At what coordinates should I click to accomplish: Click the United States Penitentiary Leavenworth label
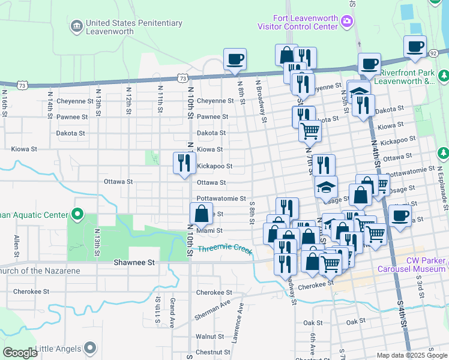click(x=133, y=28)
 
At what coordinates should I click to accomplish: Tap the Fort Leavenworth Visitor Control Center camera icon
click(x=347, y=22)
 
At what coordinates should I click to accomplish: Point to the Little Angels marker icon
click(x=90, y=347)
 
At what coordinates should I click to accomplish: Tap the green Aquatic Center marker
click(x=77, y=214)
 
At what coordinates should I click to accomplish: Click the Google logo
click(x=20, y=353)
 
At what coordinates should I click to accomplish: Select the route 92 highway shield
click(x=432, y=54)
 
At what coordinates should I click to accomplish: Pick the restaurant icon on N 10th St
click(x=184, y=163)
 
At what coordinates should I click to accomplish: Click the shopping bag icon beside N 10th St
click(x=201, y=213)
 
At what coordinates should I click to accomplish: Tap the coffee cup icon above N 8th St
click(x=235, y=59)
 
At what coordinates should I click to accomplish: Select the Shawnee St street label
click(x=134, y=263)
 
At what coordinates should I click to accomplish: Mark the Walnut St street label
click(x=209, y=337)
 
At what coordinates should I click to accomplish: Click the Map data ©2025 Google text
click(x=411, y=355)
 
